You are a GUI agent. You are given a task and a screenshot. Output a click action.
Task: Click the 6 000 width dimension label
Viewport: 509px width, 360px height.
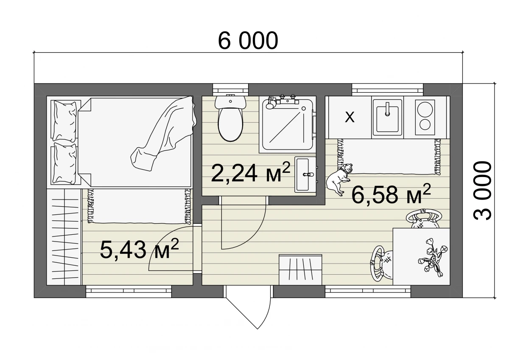248,41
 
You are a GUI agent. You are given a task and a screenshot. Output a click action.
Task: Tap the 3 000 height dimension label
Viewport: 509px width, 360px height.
482,190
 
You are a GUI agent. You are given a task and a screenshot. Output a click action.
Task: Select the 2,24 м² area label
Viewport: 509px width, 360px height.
251,173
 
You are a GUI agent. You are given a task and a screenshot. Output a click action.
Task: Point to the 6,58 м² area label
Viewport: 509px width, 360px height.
391,194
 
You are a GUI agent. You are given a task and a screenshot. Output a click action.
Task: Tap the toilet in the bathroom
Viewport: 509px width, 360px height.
230,118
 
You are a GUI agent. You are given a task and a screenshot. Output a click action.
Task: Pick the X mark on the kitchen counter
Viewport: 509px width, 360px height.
350,117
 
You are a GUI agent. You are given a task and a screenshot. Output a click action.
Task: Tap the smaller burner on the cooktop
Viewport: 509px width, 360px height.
425,125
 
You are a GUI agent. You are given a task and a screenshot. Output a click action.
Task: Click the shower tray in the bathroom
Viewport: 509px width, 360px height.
287,124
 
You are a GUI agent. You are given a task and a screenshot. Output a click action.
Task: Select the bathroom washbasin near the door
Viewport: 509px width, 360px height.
305,174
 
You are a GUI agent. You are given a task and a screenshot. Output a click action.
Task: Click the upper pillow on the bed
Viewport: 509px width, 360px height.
64,121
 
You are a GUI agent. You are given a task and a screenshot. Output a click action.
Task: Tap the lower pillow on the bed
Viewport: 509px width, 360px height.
64,164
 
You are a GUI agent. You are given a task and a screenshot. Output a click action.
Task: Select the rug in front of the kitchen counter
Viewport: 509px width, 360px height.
388,157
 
